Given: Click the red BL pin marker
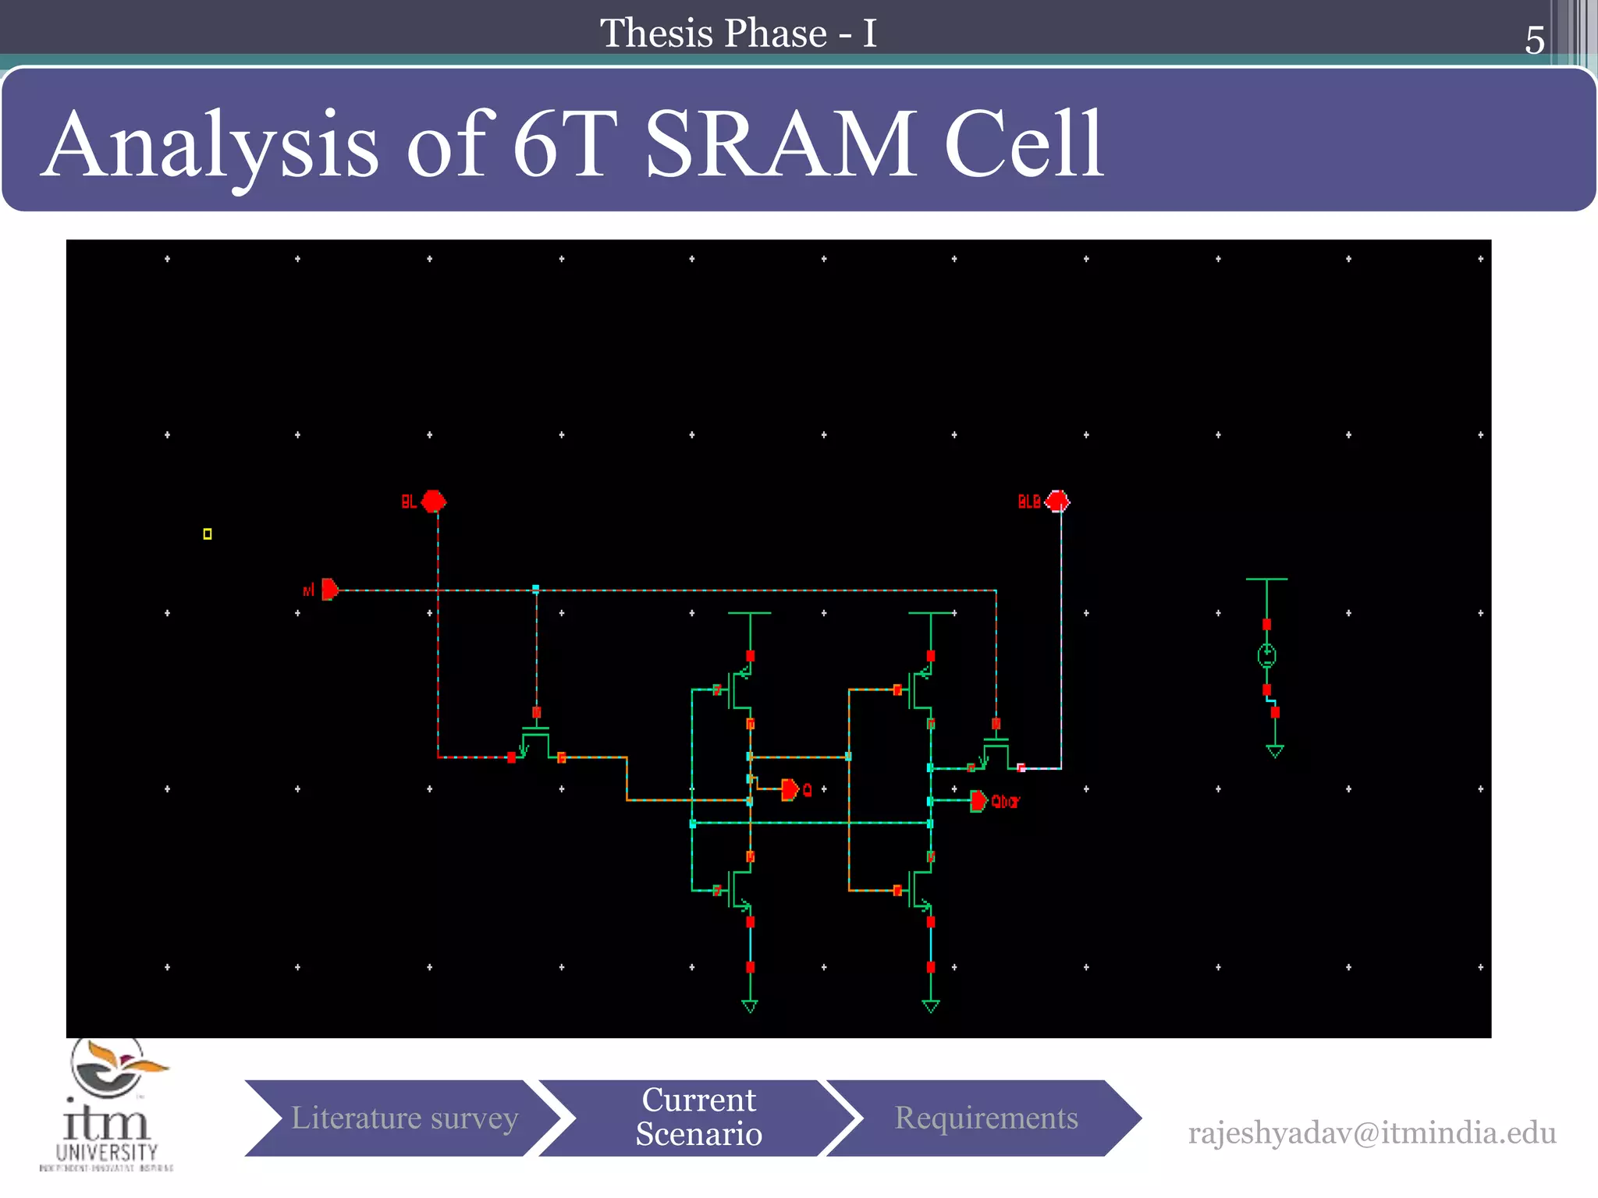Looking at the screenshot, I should (434, 501).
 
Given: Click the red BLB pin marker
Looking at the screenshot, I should (1057, 501).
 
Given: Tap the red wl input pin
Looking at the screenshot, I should (329, 589).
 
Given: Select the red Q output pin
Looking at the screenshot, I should (790, 789).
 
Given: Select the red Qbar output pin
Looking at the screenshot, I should (978, 801).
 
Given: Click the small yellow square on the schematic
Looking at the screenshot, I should (208, 534).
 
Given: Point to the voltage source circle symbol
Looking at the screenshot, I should (1266, 656).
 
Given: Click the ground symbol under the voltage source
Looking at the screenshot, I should (1275, 751).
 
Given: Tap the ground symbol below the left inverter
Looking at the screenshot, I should (750, 1006).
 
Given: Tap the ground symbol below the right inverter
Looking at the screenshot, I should (931, 1006).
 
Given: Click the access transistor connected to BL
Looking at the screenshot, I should (535, 743).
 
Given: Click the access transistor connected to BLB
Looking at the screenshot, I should (996, 753).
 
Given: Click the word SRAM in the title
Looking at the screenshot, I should (780, 144).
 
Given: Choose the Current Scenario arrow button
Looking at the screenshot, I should (698, 1118).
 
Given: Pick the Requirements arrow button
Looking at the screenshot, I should (985, 1118).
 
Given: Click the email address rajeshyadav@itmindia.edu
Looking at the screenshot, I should (1372, 1132).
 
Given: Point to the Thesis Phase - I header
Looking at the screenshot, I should (738, 34).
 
